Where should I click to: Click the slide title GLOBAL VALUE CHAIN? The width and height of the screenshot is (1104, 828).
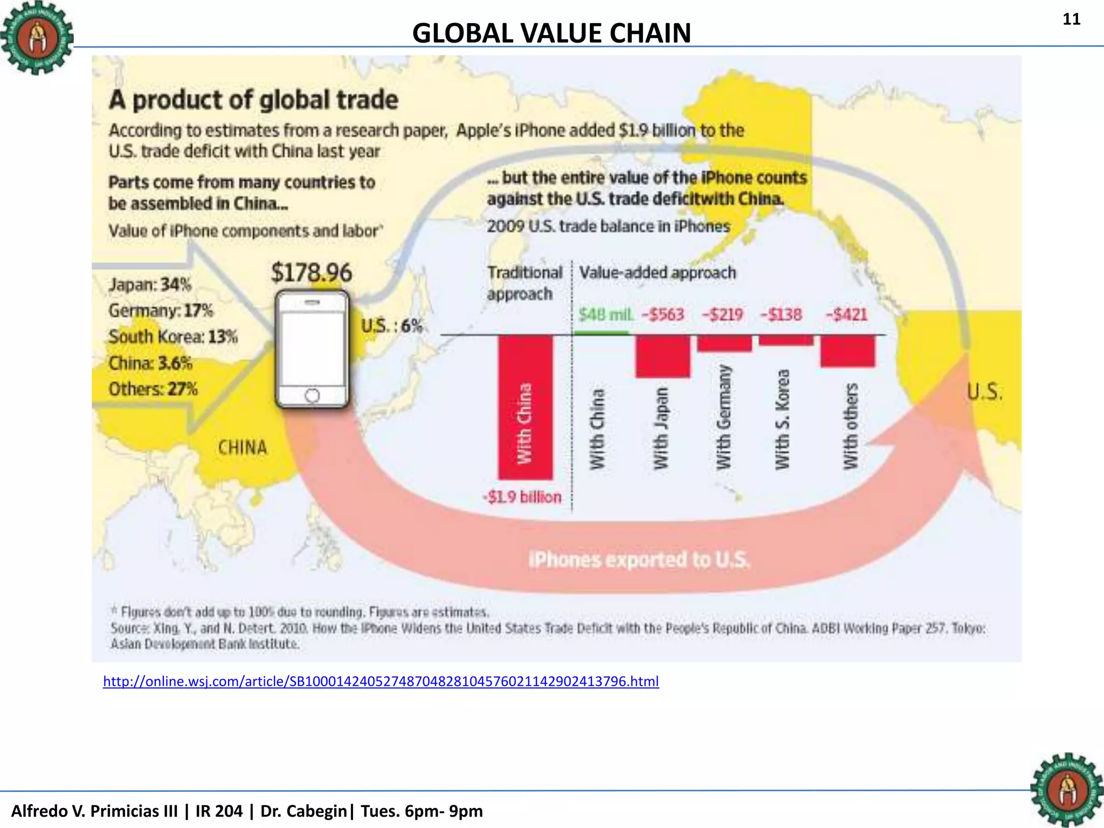tap(551, 33)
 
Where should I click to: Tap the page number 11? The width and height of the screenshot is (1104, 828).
tap(1071, 19)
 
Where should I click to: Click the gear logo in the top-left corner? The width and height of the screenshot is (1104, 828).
tap(36, 38)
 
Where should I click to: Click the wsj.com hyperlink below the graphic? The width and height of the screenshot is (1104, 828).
tap(381, 681)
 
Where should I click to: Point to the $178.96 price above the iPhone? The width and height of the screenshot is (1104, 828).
tap(311, 272)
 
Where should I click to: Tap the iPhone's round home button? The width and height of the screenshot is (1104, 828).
tap(312, 396)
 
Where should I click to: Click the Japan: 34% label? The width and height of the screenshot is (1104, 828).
tap(150, 284)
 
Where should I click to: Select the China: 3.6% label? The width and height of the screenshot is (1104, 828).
tap(150, 363)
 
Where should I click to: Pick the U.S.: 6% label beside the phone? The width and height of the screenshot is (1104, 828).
tap(391, 326)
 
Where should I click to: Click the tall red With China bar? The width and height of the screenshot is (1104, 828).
tap(525, 407)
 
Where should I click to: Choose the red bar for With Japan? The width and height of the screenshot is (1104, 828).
tap(663, 356)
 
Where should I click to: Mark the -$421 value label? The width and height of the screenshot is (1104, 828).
tap(846, 314)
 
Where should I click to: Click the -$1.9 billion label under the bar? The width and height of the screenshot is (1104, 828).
tap(522, 496)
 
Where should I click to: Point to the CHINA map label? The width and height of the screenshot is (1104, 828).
tap(242, 447)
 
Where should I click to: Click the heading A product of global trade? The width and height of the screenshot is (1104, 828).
tap(253, 100)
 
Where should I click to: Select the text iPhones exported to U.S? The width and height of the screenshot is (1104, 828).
tap(639, 560)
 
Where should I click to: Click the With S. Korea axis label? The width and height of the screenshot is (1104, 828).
tap(782, 419)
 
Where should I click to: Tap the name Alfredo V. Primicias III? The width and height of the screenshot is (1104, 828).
tap(94, 811)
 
